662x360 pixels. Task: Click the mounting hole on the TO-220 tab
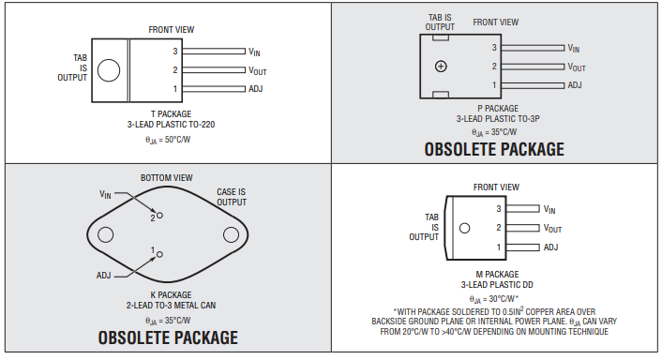pos(109,70)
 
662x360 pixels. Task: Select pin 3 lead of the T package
pos(214,51)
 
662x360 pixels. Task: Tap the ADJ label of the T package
pos(256,89)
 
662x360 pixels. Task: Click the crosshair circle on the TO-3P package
pos(441,67)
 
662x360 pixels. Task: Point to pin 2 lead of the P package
pos(533,67)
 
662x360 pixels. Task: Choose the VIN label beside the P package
pos(574,49)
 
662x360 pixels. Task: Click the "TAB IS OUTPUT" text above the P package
pos(440,22)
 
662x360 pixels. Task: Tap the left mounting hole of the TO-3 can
pos(106,234)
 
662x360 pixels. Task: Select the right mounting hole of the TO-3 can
pos(231,234)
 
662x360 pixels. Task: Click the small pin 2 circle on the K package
pos(159,216)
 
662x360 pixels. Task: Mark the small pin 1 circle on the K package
pos(159,254)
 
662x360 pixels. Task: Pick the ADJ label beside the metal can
pos(103,276)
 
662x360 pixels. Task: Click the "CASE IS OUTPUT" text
pos(232,197)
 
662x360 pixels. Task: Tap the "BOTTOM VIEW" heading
pos(167,178)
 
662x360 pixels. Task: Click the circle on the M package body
pos(464,229)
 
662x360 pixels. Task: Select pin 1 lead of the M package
pos(522,247)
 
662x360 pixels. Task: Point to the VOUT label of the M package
pos(552,229)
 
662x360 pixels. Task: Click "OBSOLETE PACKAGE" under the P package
pos(494,149)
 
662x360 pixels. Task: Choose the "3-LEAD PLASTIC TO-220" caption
pos(171,125)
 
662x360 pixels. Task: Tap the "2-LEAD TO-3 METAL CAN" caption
pos(171,305)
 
